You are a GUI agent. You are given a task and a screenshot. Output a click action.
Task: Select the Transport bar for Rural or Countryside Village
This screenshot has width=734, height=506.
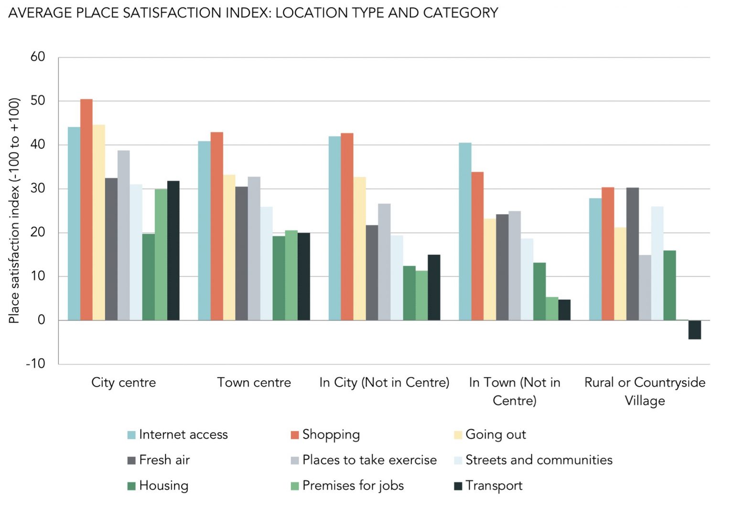pos(694,330)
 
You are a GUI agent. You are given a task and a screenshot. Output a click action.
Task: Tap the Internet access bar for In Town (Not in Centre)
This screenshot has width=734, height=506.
pos(465,231)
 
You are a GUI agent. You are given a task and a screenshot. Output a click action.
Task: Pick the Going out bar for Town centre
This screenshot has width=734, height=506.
pos(229,247)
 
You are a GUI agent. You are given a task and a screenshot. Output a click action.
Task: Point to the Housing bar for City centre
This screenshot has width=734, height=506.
pos(148,277)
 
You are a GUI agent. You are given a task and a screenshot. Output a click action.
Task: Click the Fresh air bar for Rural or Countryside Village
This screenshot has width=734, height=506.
pos(632,254)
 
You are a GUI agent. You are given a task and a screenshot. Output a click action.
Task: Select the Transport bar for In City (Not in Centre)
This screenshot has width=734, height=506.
pos(434,287)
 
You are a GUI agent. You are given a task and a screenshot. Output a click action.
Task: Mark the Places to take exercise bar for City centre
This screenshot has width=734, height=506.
pos(124,235)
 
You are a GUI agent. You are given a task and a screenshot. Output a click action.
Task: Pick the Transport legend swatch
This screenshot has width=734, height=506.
pos(458,486)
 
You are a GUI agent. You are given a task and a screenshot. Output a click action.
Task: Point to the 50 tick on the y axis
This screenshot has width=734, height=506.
pos(38,101)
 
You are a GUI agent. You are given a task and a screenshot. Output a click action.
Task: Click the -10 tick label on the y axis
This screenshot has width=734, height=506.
pos(36,364)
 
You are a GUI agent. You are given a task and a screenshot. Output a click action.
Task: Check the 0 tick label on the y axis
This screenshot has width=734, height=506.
pos(42,320)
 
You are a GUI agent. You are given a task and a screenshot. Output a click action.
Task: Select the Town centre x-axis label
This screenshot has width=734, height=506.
pos(254,383)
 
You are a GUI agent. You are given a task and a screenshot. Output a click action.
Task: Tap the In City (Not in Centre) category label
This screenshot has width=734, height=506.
pos(384,383)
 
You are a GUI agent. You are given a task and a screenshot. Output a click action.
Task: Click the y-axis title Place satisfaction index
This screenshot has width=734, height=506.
pos(14,211)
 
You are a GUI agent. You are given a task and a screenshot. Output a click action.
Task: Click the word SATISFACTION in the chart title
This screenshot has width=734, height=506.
pos(172,13)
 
